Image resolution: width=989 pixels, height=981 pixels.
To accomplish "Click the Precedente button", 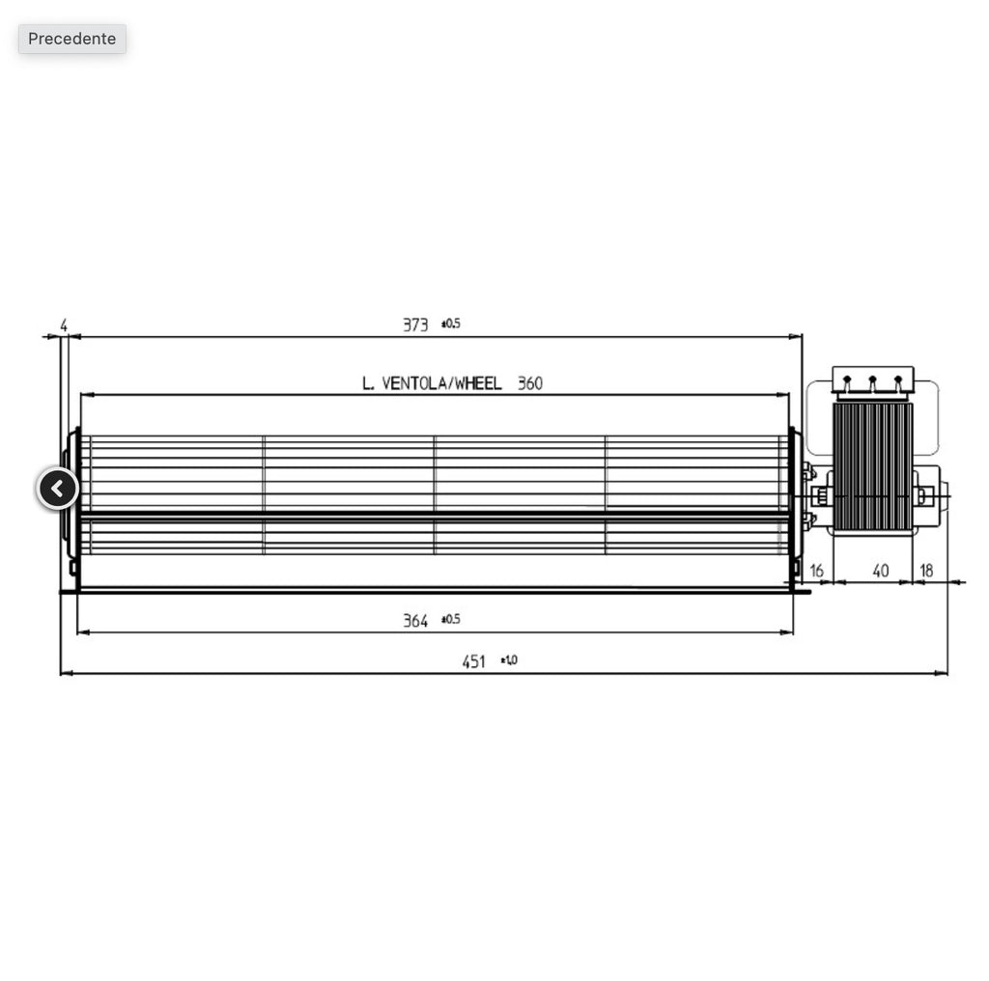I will pos(72,39).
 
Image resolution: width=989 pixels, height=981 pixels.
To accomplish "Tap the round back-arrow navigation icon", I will pos(58,489).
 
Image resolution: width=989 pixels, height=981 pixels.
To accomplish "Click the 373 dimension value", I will pos(415,325).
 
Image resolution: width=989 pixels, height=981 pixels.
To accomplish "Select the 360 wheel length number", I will pos(530,383).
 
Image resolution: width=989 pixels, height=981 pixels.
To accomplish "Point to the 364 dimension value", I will pos(415,621).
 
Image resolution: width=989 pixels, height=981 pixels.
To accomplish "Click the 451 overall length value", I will pos(473,661).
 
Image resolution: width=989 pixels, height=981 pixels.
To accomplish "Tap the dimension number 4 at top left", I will pos(64,326).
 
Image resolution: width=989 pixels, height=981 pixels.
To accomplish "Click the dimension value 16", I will pos(816,571).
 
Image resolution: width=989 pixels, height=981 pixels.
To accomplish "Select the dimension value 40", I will pos(880,571).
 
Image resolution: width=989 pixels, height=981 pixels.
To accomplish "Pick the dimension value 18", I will pos(925,571).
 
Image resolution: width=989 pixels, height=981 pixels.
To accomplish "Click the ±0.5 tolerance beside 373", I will pos(451,324).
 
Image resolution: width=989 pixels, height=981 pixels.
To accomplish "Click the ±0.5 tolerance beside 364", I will pos(451,619).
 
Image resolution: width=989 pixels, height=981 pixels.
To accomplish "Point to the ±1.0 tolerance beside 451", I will pos(509,660).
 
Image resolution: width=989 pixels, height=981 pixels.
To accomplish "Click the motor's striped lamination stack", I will pos(872,465).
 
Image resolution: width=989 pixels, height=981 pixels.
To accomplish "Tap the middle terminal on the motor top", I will pos(872,382).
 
